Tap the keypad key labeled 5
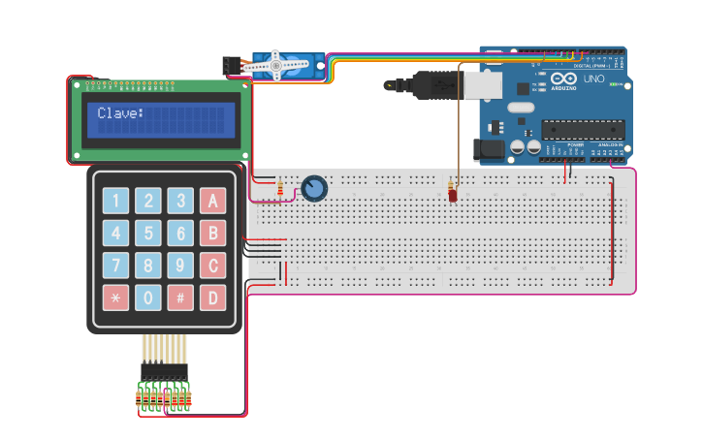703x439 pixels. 147,234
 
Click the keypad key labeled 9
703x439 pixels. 180,266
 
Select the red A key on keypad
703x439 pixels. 212,202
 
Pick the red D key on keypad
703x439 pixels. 212,298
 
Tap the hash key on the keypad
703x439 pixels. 180,298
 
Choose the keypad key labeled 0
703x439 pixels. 147,298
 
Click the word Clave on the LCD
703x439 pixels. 119,114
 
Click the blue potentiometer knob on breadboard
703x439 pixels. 313,188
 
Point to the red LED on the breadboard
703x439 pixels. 453,195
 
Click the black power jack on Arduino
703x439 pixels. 489,149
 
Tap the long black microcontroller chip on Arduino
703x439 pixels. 582,130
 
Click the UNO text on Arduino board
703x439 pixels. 592,78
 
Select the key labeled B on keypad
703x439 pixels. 212,234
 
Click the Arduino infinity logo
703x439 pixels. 564,79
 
